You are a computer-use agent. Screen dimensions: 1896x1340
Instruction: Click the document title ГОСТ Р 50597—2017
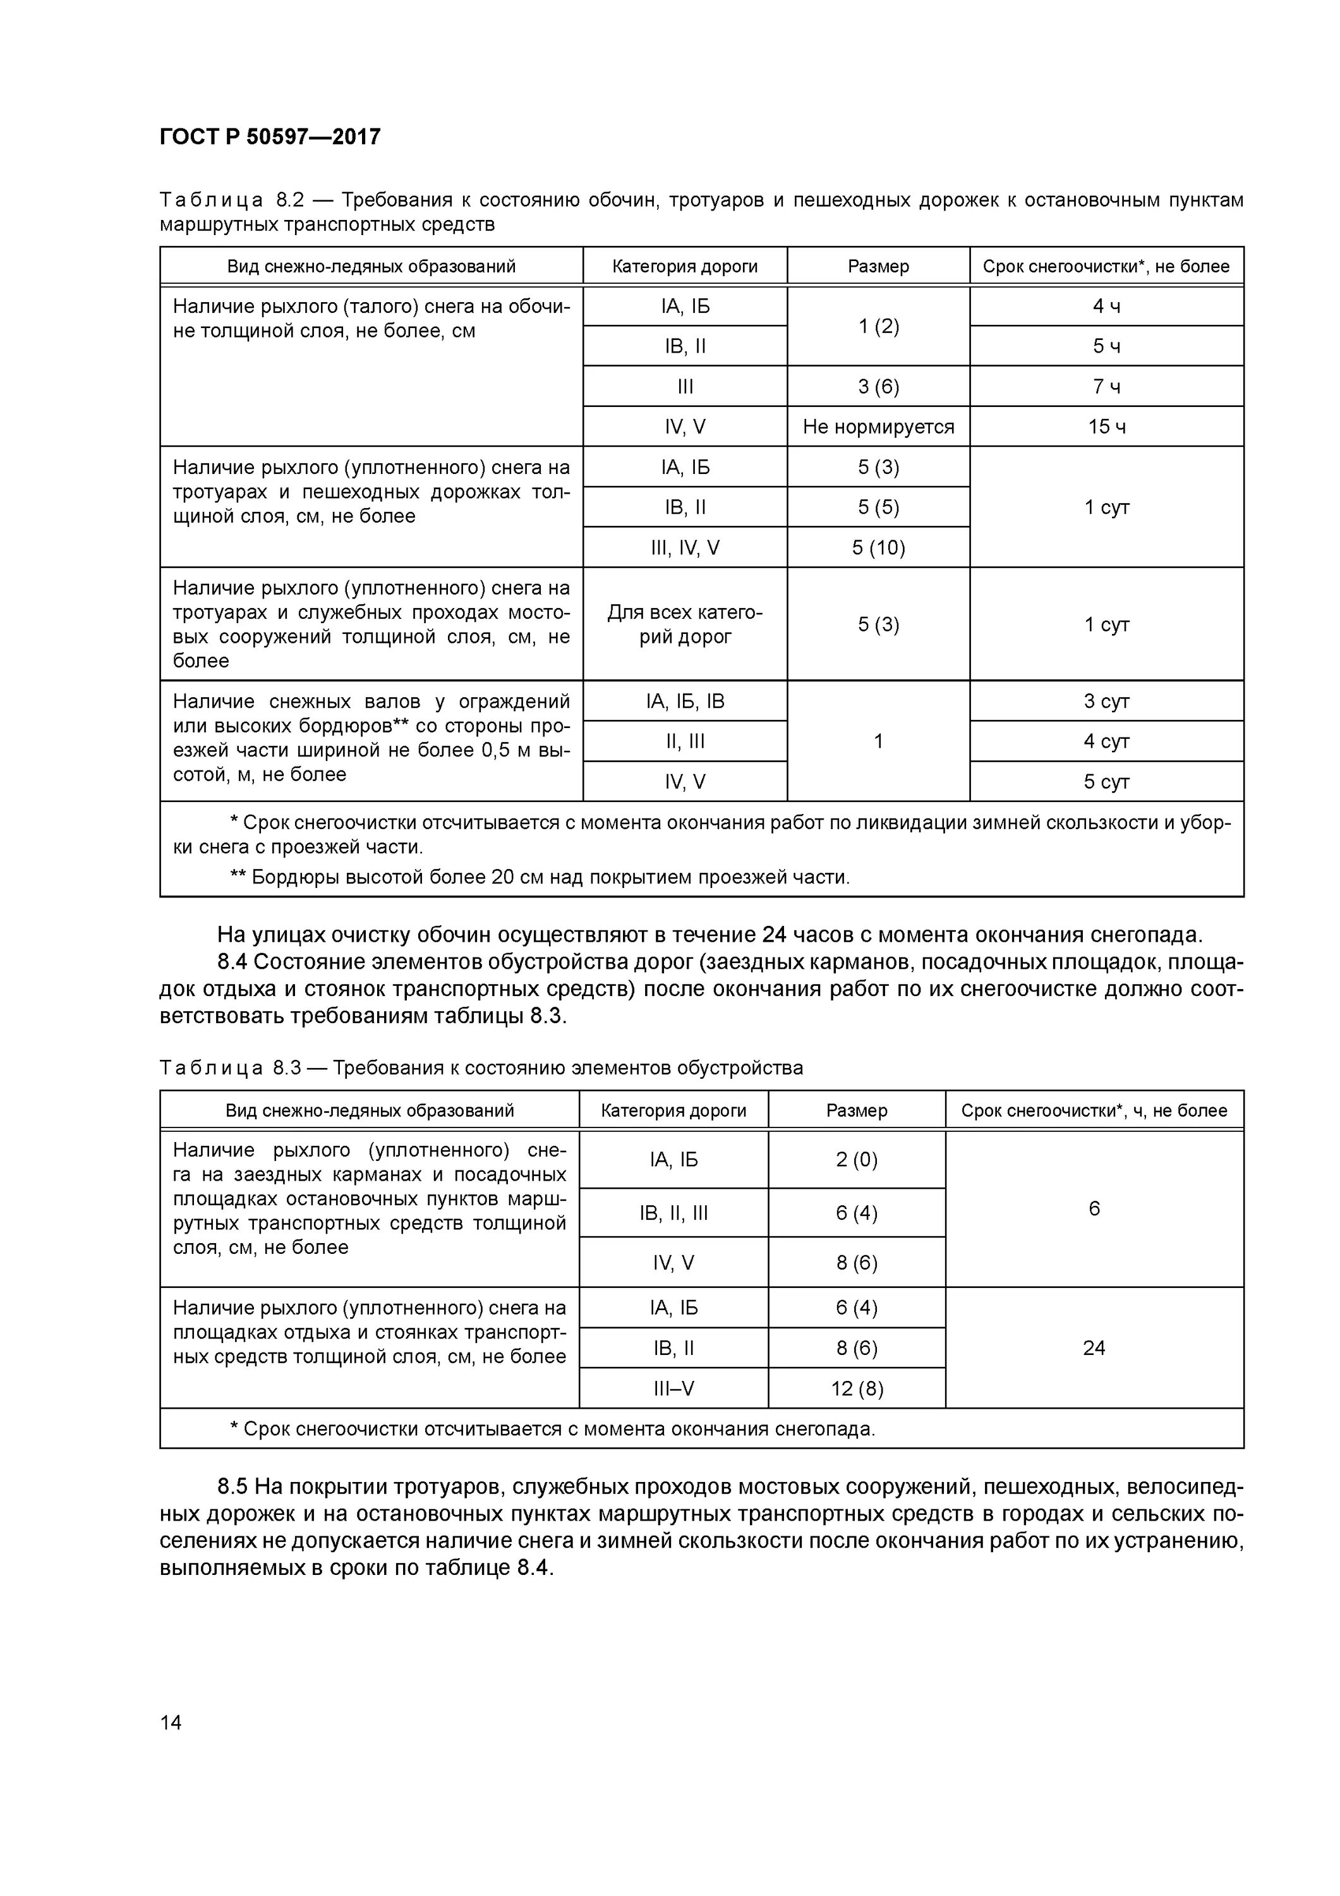click(270, 137)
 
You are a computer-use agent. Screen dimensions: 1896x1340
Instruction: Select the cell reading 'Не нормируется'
click(878, 427)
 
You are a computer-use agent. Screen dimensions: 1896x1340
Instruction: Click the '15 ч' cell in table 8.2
click(1106, 427)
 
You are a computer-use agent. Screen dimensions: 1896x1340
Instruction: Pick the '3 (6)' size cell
click(878, 386)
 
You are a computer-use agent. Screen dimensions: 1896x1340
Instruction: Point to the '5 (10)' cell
click(878, 547)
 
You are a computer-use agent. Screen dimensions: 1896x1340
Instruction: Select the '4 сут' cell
click(1106, 741)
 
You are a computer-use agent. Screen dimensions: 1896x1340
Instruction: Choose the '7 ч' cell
click(1106, 386)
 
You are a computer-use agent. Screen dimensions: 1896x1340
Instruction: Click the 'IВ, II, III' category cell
click(673, 1212)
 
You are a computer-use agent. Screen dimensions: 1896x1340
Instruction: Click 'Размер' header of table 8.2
click(878, 266)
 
